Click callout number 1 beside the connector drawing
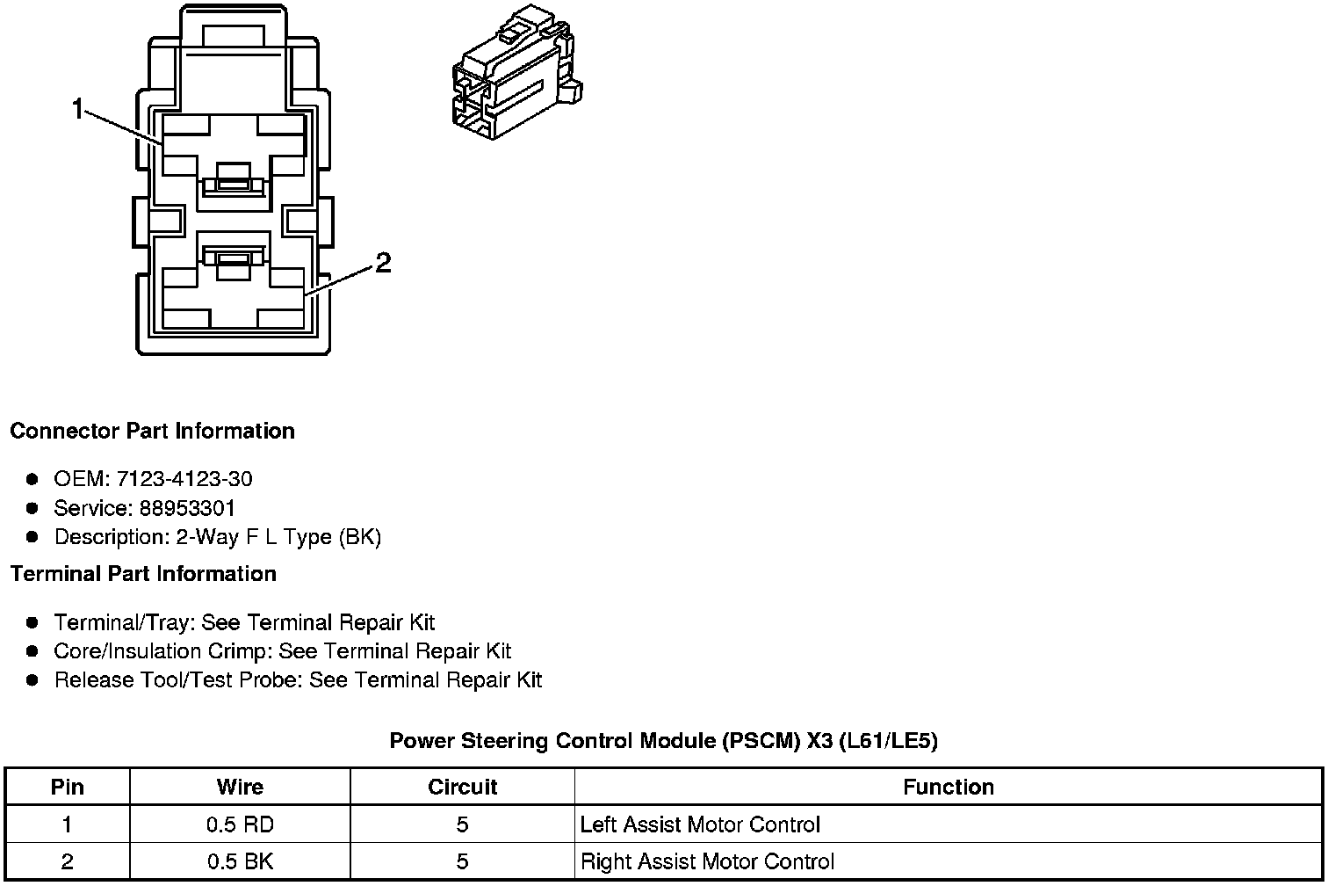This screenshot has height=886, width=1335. (77, 109)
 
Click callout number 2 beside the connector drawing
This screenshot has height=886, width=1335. (383, 263)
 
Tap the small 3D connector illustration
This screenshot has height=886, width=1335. (517, 72)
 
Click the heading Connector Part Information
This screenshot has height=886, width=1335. (153, 431)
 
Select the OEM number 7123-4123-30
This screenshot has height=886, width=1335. (184, 478)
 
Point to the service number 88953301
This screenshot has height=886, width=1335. (187, 508)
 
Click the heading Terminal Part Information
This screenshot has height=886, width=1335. (144, 573)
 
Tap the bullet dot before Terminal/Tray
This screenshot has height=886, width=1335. (32, 623)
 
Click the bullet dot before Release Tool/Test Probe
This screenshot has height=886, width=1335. (32, 680)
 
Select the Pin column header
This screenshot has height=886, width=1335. (68, 787)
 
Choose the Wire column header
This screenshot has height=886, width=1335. (240, 787)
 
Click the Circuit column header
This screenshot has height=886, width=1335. (463, 787)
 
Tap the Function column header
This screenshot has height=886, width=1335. (949, 787)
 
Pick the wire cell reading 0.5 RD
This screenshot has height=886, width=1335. (240, 824)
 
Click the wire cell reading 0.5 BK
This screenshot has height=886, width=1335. (240, 861)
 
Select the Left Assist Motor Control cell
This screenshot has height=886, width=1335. (700, 824)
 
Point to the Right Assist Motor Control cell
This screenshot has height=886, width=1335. (707, 861)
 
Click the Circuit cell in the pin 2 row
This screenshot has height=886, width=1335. (463, 861)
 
